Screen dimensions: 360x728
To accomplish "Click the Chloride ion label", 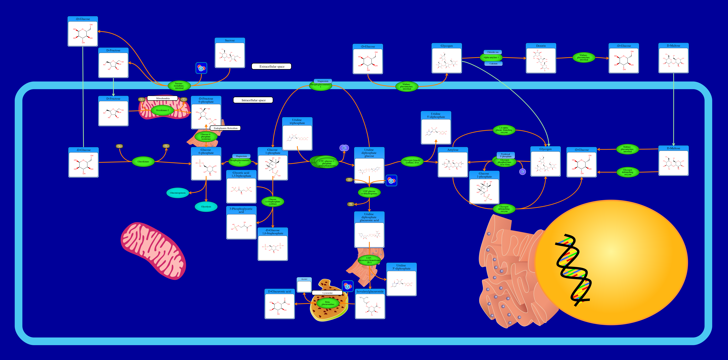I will pos(493,52).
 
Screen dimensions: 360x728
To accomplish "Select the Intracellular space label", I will pos(253,100).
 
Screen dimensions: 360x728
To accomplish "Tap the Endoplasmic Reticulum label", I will pos(225,128).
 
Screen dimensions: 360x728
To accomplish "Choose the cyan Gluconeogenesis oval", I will pos(178,193).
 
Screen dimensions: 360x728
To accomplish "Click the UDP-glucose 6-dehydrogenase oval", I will pos(369,192).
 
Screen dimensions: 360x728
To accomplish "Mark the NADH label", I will pos(350,204).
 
